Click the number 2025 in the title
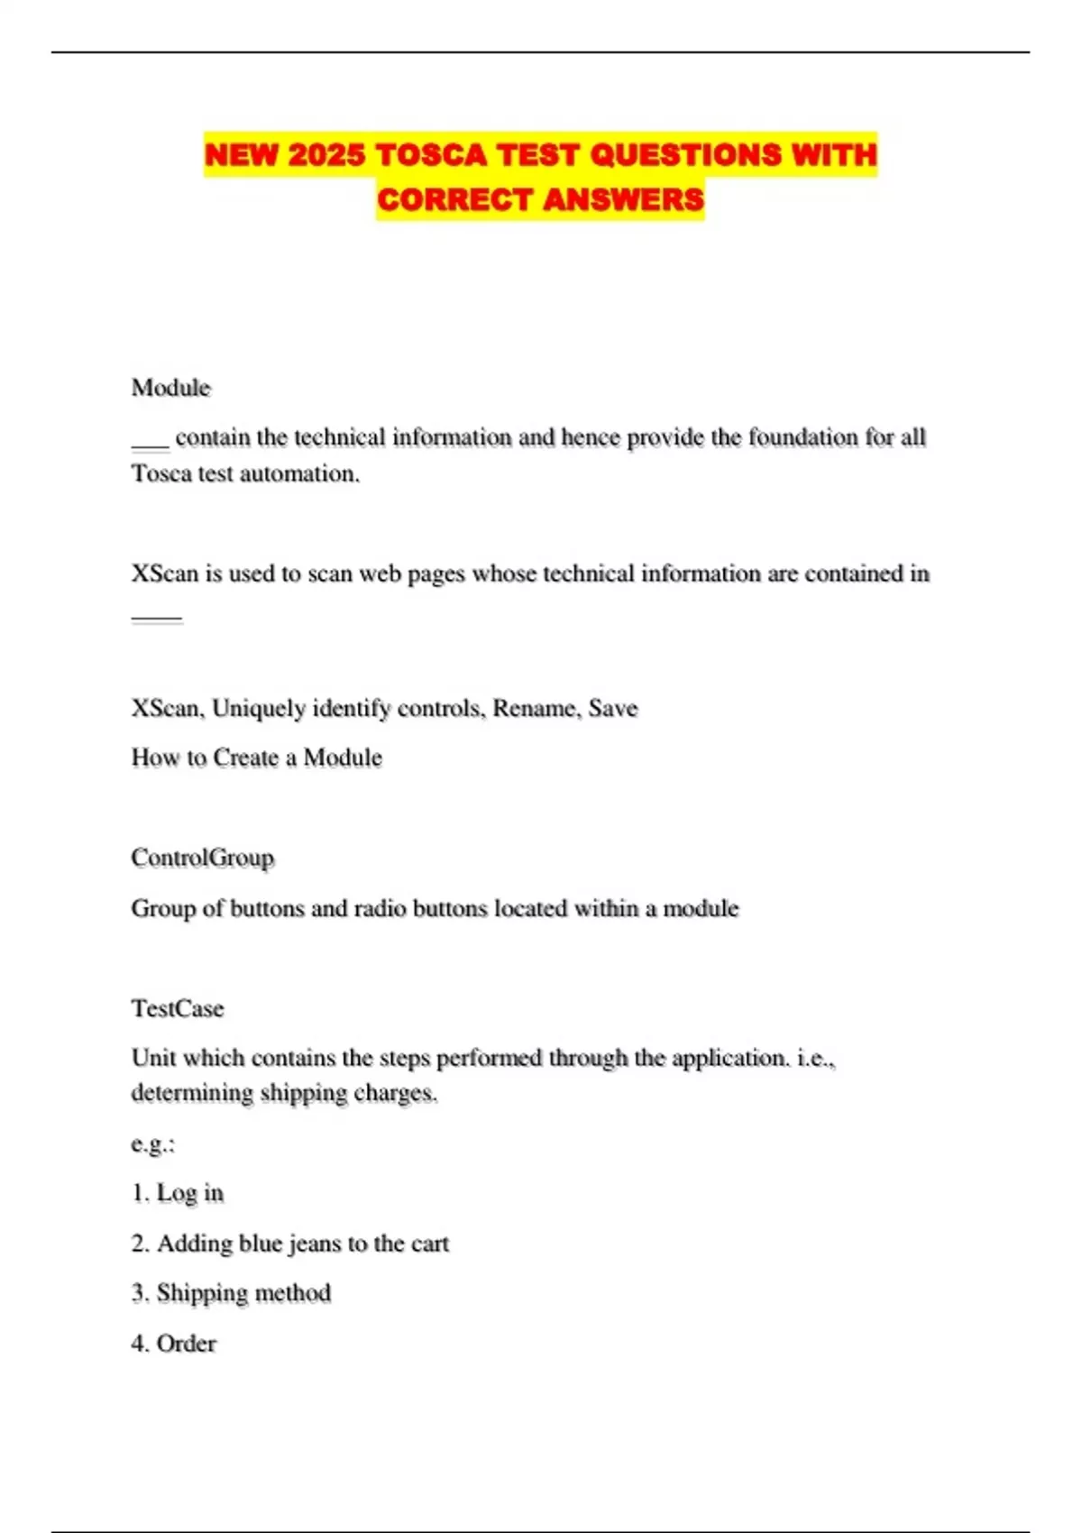[326, 155]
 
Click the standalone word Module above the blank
[170, 388]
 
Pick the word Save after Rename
[613, 708]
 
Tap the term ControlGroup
[202, 858]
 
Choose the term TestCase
[178, 1008]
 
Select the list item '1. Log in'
[178, 1193]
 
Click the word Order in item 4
[187, 1344]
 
